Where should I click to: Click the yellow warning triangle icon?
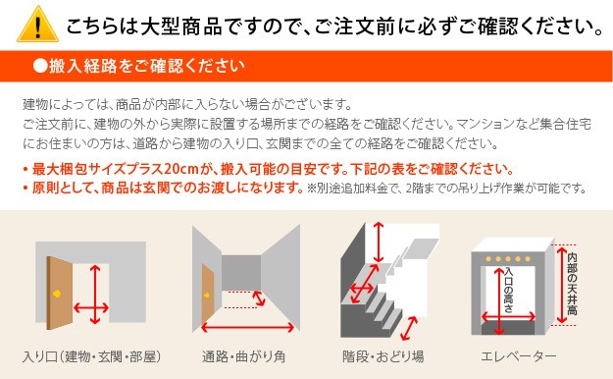pos(38,25)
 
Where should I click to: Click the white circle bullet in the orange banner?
pos(40,66)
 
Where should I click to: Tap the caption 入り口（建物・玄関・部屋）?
pos(92,356)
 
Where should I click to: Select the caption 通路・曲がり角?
pos(243,356)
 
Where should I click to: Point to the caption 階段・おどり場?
pos(383,356)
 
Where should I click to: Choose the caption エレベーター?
pos(519,356)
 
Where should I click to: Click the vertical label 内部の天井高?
pos(572,284)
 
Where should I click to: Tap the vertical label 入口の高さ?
pos(508,290)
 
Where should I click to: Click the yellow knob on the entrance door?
pos(57,294)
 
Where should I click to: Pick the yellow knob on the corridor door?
pos(206,296)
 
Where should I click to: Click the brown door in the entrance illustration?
pos(60,293)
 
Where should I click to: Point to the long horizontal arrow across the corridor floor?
pos(247,327)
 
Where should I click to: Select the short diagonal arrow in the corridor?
pos(259,298)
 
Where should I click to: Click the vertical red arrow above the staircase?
pos(378,242)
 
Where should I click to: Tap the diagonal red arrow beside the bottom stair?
pos(409,329)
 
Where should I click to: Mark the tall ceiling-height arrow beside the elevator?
pos(562,285)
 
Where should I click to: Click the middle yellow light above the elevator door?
pos(508,259)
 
